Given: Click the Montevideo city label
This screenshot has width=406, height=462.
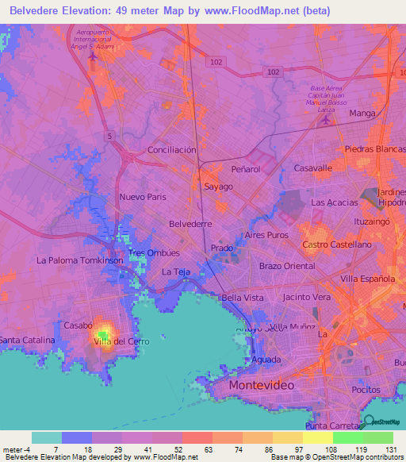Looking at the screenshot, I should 261,385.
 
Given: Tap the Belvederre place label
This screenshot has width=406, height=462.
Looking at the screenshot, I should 191,225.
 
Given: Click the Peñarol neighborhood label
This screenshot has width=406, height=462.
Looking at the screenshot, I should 245,170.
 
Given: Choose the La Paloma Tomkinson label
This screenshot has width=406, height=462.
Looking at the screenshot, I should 80,260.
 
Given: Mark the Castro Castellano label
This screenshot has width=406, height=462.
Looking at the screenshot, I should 337,245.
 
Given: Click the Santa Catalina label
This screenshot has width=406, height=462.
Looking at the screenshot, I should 28,340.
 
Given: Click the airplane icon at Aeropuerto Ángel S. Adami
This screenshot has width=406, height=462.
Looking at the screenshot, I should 93,56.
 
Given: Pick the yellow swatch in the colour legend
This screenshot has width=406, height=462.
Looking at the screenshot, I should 317,437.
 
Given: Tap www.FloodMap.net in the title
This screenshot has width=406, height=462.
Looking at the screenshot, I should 252,10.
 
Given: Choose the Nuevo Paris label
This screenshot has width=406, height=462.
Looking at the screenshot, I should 143,196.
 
